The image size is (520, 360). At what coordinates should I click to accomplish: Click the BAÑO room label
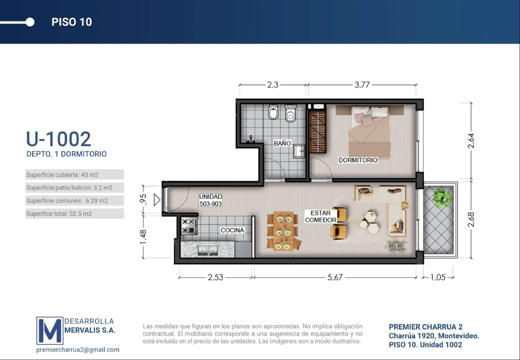[282, 143]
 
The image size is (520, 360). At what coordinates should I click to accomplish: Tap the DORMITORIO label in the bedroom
[358, 160]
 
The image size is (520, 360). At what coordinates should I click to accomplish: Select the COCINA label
[232, 230]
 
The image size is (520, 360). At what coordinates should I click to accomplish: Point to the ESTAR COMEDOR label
[320, 216]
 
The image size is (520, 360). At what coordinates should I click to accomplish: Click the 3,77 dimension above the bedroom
[362, 85]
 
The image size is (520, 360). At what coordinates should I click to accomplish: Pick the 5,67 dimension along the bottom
[335, 277]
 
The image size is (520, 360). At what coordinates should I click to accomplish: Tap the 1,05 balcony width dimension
[438, 277]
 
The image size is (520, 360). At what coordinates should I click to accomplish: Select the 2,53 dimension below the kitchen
[215, 277]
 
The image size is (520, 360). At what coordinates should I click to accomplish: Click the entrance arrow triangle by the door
[157, 200]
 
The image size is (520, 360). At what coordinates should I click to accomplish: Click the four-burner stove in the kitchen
[189, 226]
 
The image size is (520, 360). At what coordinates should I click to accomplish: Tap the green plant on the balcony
[442, 198]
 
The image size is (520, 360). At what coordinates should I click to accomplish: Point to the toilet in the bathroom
[290, 113]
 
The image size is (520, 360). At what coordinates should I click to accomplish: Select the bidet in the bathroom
[273, 112]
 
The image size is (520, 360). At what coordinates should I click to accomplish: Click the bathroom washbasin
[299, 151]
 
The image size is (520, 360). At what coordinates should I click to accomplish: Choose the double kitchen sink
[208, 250]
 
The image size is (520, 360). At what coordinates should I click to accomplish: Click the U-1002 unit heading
[59, 139]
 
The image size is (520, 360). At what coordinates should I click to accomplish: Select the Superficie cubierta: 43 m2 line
[62, 175]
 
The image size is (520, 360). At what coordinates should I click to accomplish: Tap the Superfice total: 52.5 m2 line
[59, 214]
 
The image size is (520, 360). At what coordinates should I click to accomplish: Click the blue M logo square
[50, 331]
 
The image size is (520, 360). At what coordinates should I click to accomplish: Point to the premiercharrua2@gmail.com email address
[78, 350]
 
